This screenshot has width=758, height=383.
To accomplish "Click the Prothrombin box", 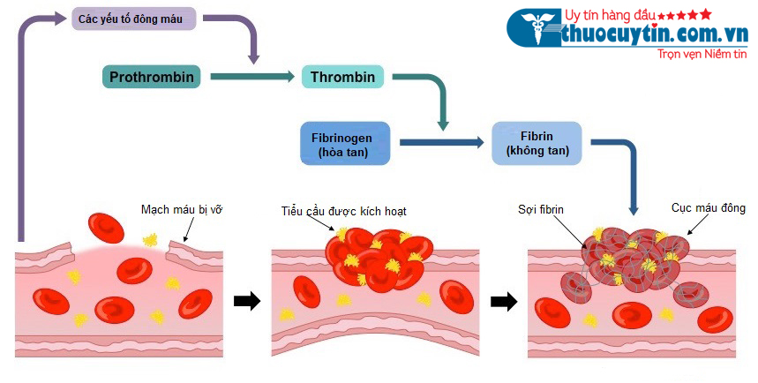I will [152, 77].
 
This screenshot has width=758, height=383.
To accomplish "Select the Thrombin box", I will [343, 77].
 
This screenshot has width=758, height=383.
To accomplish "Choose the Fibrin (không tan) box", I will [537, 144].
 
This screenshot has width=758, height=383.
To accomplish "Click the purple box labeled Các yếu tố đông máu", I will [132, 18].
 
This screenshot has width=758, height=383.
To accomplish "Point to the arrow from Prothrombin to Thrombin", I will [251, 78].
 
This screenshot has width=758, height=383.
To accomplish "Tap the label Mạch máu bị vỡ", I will [181, 209].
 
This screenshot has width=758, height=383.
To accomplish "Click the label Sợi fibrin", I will [541, 209].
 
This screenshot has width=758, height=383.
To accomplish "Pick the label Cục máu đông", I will [708, 208].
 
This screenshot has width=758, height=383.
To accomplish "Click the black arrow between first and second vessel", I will [247, 301].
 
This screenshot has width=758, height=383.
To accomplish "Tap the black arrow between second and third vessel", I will [503, 301].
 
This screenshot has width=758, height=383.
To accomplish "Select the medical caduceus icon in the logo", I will [534, 29].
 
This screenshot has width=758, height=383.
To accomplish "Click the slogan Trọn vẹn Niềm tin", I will [702, 54].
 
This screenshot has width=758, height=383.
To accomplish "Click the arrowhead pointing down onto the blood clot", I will [634, 210].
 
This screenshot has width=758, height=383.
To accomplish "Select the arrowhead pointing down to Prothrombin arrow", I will [254, 57].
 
